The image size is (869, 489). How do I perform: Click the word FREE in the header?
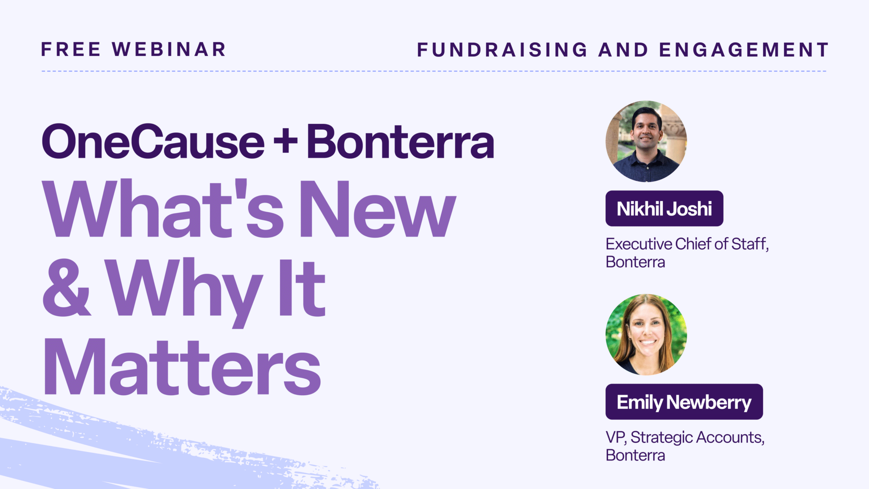coord(71,49)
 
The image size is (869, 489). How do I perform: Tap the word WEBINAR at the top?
coord(169,49)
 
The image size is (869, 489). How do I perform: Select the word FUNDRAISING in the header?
coord(502,50)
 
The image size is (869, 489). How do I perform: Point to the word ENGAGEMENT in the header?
coord(744,50)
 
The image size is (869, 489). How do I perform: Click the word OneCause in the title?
coord(153,141)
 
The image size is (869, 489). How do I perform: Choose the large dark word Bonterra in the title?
coord(401,141)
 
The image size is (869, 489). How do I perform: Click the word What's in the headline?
coord(163,208)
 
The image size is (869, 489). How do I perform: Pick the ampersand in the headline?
coord(67,287)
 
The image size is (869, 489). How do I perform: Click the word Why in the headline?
coord(184,292)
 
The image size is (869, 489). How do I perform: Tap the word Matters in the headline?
coord(182,367)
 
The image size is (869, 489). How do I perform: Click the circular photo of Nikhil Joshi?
coord(646,141)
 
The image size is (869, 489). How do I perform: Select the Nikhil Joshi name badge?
coord(664,208)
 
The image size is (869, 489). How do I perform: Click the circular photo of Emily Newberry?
coord(646,334)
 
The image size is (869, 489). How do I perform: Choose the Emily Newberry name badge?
coord(684,402)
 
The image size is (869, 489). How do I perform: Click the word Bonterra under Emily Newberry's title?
coord(636,455)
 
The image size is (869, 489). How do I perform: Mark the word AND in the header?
coord(623,50)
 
